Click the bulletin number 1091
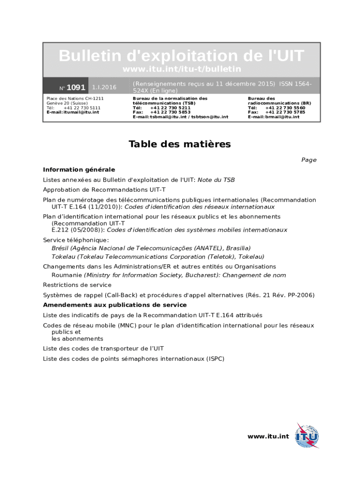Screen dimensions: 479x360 [76, 87]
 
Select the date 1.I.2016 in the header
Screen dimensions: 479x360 [104, 87]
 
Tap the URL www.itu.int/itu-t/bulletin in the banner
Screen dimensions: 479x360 [181, 69]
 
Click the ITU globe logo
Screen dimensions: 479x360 [307, 436]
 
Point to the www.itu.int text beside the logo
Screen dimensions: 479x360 [268, 436]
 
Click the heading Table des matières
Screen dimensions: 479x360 [180, 144]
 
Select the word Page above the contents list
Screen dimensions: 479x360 [309, 160]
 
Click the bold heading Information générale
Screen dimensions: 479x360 [79, 169]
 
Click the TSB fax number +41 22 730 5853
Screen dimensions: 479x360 [170, 112]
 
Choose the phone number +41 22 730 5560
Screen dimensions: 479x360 [285, 108]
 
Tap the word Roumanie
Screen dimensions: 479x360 [66, 275]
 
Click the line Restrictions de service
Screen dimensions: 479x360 [77, 285]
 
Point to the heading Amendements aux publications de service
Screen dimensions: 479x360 [115, 305]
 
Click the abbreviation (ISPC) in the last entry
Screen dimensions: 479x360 [216, 359]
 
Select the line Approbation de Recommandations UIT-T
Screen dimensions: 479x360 [104, 189]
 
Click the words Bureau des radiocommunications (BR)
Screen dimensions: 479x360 [279, 101]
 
